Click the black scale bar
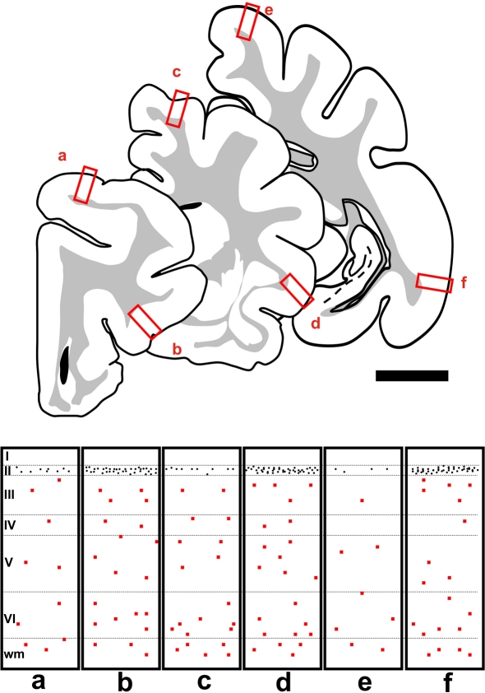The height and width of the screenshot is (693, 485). (412, 375)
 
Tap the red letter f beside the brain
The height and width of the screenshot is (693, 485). (464, 282)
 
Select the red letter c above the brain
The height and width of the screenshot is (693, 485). (177, 72)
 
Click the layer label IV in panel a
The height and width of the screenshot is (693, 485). (10, 525)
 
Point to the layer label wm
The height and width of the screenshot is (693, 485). (14, 654)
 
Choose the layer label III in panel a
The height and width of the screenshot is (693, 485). (9, 495)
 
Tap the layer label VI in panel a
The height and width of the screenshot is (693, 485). (10, 617)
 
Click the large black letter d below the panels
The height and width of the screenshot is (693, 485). (283, 681)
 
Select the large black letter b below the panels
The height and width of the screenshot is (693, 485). (125, 681)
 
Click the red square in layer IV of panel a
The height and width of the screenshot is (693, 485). (49, 522)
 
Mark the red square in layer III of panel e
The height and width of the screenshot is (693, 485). (362, 500)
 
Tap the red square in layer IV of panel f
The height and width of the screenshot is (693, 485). (464, 522)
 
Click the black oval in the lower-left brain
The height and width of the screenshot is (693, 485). (65, 365)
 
